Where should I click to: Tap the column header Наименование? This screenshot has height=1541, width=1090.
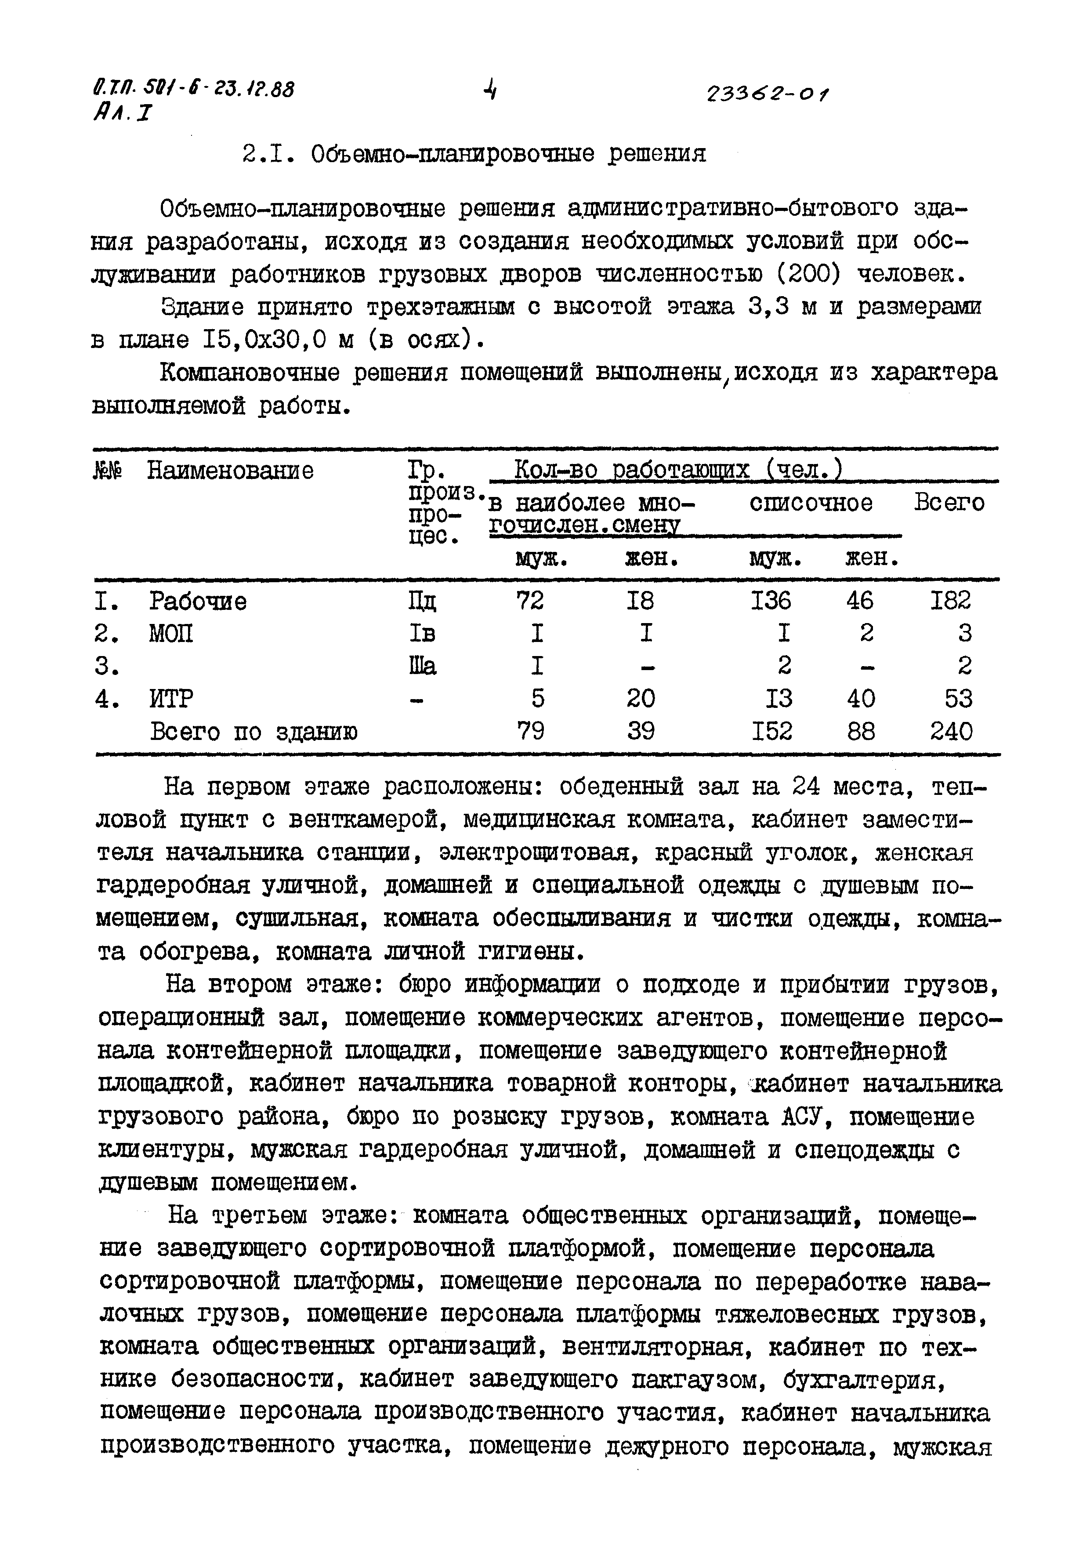pyautogui.click(x=230, y=471)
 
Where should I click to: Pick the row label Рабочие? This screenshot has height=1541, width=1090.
pyautogui.click(x=197, y=601)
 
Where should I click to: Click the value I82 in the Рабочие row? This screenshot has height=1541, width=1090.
pyautogui.click(x=950, y=600)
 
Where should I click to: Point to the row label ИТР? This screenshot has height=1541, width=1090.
pyautogui.click(x=171, y=699)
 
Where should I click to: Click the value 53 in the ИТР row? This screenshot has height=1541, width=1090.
pyautogui.click(x=958, y=699)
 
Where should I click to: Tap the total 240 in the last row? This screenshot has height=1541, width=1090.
pyautogui.click(x=950, y=731)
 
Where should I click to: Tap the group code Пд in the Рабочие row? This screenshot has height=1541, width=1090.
pyautogui.click(x=421, y=601)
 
